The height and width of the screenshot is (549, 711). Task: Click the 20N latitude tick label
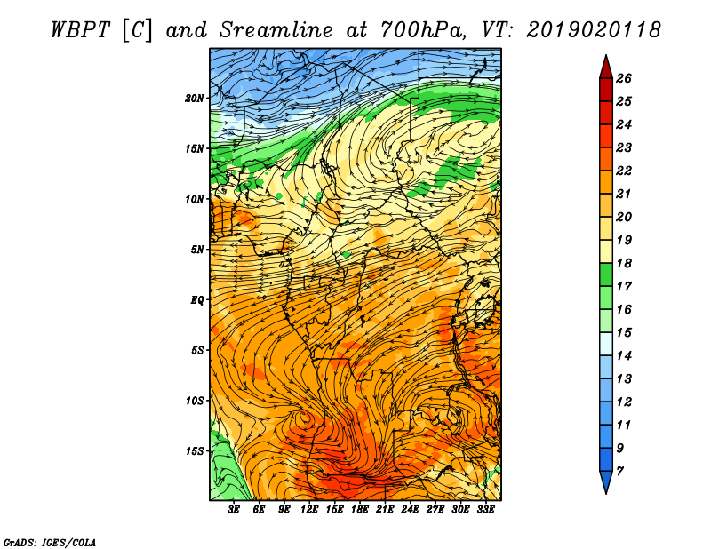point(194,99)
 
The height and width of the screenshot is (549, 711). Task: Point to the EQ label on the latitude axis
point(196,300)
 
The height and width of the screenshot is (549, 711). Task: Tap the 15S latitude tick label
point(195,451)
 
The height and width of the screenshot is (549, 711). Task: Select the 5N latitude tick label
point(197,250)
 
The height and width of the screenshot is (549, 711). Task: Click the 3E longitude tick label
point(234,510)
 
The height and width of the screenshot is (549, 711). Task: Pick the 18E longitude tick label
point(360,510)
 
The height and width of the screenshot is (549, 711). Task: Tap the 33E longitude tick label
point(485,510)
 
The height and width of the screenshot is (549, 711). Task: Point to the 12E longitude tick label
point(309,510)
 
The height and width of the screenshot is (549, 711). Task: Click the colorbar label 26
point(624,78)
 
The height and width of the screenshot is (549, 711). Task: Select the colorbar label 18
point(624,263)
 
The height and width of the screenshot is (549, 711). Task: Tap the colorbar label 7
point(619,472)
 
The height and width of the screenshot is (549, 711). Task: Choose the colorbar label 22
point(624,171)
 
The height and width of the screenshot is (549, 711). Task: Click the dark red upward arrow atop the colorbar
point(606,68)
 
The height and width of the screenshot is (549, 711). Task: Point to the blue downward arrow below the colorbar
point(606,481)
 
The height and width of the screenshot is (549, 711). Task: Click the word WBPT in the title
point(80,30)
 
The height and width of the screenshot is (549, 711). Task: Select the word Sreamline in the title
point(276,30)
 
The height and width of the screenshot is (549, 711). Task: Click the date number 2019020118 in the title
point(594,30)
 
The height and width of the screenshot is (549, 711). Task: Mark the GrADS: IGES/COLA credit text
point(49,542)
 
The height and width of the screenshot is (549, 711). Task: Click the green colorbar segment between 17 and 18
point(606,274)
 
